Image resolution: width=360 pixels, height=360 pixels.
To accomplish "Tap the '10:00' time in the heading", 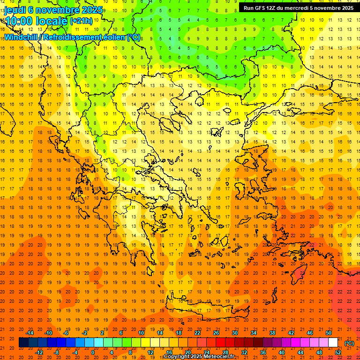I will pos(19,21).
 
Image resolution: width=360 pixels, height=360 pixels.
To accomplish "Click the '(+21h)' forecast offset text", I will pos(81,21).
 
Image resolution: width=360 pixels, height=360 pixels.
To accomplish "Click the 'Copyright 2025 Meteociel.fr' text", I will pos(199,356).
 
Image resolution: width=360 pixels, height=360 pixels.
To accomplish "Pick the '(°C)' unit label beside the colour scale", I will pos(349,343).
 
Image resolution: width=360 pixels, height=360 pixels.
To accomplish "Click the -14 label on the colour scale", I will pos(30,332).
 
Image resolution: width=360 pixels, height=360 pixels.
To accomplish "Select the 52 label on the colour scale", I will pos(338,352).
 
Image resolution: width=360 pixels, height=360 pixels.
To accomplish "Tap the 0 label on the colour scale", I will pos(92,352).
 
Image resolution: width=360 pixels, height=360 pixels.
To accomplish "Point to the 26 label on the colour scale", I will pos(216,332).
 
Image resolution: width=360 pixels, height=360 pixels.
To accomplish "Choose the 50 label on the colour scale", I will pos(329,332).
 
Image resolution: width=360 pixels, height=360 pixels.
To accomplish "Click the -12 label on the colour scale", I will pos(39,352).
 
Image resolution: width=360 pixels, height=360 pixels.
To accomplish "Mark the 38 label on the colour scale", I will pos(272,332).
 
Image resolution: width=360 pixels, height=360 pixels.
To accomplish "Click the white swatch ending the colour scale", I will pos(333,342).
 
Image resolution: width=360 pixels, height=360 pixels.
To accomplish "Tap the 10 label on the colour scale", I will pos(141,332).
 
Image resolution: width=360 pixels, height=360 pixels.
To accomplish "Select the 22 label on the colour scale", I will pos(197,332).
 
